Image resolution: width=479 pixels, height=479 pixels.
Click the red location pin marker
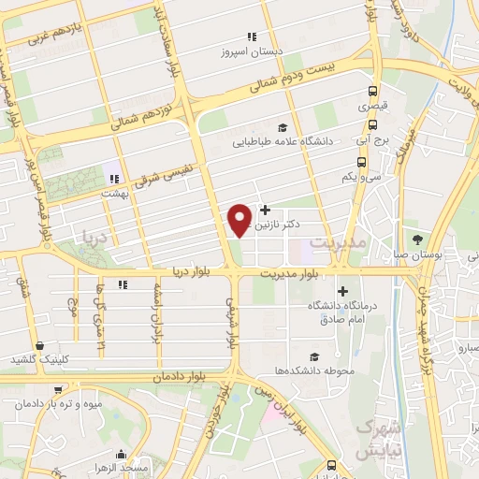click(x=240, y=219)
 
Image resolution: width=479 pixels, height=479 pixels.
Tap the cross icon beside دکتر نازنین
click(x=267, y=210)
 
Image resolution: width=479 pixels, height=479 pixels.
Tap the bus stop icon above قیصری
click(x=373, y=92)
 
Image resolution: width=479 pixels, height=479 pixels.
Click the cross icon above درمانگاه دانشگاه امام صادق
click(x=341, y=291)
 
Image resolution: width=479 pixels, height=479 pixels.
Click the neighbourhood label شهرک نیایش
click(x=371, y=437)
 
